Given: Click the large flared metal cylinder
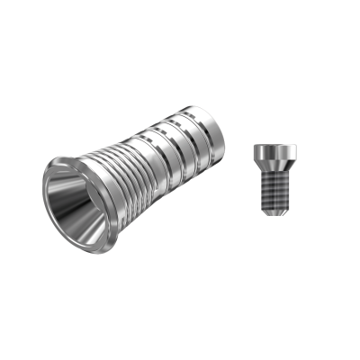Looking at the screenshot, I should click(135, 180).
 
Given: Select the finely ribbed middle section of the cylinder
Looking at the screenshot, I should click(126, 175).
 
